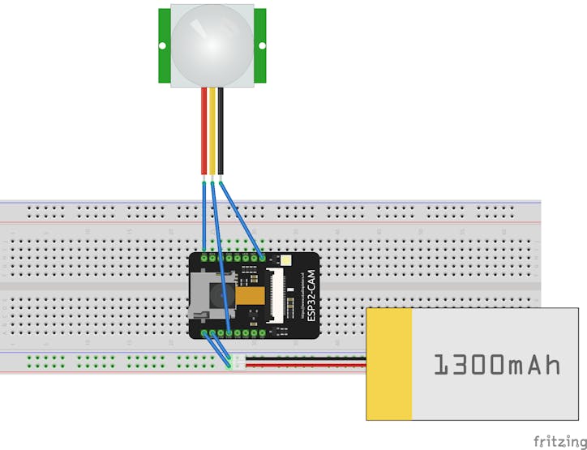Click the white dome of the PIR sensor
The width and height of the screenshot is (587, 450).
click(x=212, y=45)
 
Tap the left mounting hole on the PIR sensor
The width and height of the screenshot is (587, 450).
click(x=163, y=46)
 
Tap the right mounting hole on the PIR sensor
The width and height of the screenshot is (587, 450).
click(x=262, y=46)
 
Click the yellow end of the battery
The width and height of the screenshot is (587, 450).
click(x=389, y=364)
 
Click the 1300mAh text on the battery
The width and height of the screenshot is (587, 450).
click(x=496, y=365)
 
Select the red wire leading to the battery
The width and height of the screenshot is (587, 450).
click(x=304, y=366)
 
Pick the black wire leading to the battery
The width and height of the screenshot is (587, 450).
click(x=304, y=358)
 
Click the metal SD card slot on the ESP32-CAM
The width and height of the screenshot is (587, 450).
click(x=198, y=296)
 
